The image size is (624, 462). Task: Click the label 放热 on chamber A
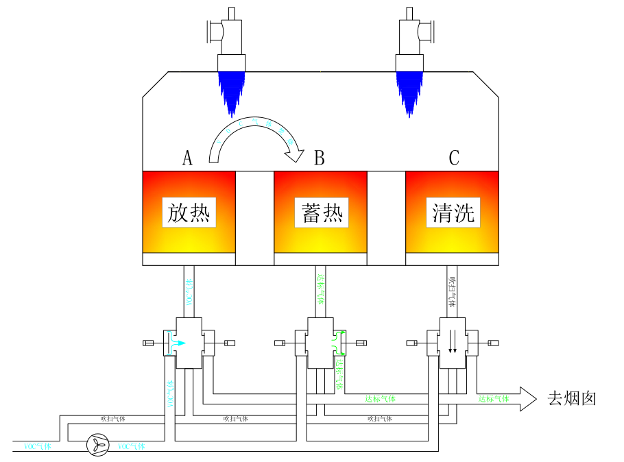[x=189, y=212]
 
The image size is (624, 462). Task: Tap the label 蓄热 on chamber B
[x=322, y=212]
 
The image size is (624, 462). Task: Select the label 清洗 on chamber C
[x=453, y=212]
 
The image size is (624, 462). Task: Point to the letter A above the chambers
[x=187, y=158]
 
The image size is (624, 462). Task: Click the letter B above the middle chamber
[x=319, y=158]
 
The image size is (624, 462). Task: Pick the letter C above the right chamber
[x=454, y=158]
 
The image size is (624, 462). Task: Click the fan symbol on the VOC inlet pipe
[x=97, y=446]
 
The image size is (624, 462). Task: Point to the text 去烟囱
[x=571, y=398]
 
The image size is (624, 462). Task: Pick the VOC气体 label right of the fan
[x=132, y=446]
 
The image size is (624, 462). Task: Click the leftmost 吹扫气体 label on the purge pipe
[x=112, y=418]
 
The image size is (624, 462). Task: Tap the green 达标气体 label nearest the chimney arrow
[x=494, y=398]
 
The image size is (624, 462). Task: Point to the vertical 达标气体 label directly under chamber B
[x=321, y=289]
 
